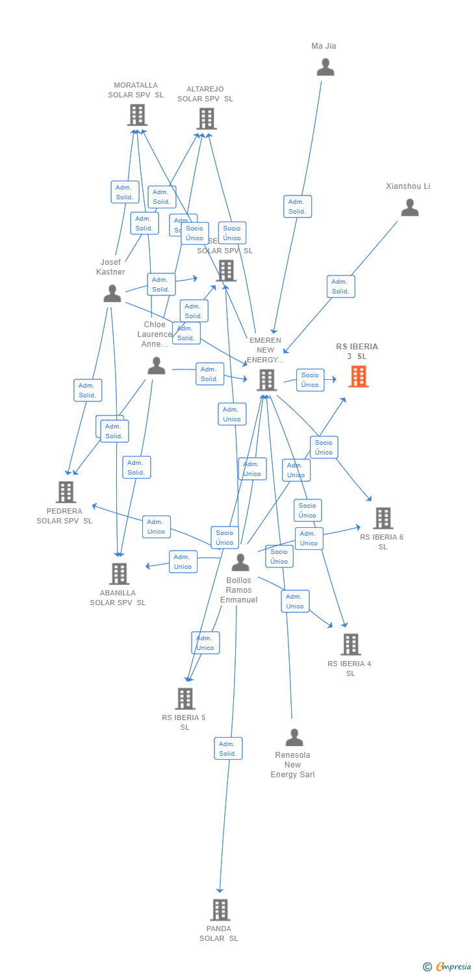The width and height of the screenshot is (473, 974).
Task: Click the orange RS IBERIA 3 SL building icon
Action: (x=358, y=377)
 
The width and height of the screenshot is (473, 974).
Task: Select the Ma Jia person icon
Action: (x=325, y=68)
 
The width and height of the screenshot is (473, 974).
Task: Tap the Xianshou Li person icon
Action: (x=409, y=208)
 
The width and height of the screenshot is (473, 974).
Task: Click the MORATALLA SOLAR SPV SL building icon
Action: (x=136, y=115)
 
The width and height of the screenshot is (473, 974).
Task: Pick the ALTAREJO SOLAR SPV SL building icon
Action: (x=206, y=119)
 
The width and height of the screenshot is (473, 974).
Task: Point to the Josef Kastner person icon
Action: (x=112, y=294)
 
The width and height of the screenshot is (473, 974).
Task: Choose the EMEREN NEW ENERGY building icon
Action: (x=266, y=380)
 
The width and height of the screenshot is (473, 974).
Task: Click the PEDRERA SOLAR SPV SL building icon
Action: (x=66, y=492)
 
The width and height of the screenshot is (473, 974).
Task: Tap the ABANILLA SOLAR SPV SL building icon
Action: (x=119, y=573)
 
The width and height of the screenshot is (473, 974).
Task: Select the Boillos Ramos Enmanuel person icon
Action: (x=240, y=562)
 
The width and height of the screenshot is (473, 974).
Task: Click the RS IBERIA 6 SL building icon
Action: (x=383, y=518)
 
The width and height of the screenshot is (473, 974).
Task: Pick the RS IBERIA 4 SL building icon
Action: (x=350, y=644)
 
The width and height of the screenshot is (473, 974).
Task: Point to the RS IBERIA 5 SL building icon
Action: (x=185, y=699)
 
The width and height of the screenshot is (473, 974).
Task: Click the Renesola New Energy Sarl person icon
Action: (x=294, y=738)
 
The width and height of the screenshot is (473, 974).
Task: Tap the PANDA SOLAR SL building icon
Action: (x=220, y=910)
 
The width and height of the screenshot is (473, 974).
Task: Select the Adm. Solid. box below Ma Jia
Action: (x=298, y=206)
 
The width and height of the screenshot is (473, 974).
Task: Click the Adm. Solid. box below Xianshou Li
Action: (x=340, y=286)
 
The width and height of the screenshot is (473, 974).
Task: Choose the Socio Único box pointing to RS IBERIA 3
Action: (x=310, y=380)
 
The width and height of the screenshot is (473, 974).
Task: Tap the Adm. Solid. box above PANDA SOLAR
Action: (x=228, y=749)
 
